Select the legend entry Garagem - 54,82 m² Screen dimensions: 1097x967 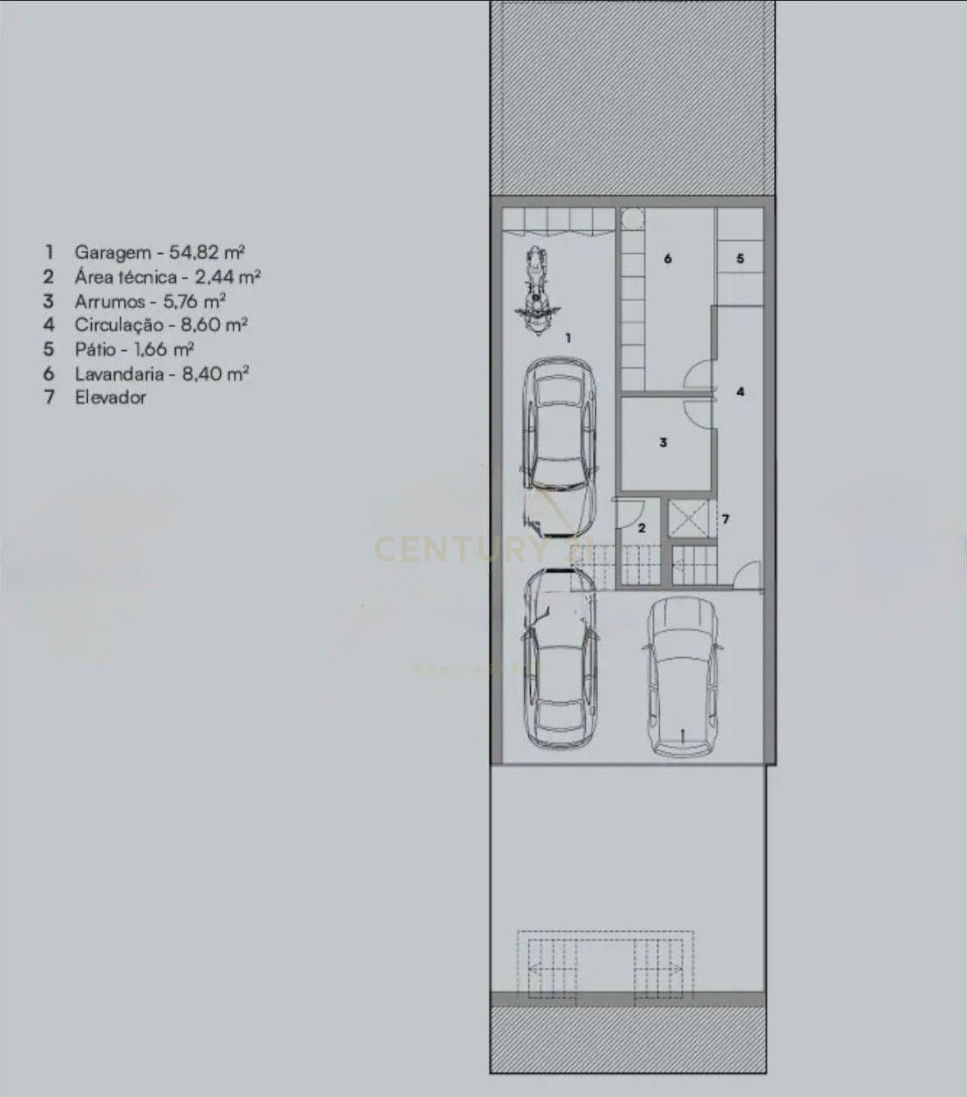159,252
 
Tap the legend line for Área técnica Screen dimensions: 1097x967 168,277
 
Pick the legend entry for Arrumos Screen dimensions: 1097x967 150,301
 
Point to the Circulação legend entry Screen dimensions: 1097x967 161,325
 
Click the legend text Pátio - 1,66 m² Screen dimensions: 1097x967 134,349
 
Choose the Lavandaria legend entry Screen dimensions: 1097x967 161,374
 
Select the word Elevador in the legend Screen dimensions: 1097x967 110,398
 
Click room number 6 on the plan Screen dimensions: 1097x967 667,259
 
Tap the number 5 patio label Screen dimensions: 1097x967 739,259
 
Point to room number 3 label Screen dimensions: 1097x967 663,443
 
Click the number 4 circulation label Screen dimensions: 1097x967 739,392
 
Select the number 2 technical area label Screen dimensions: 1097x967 642,528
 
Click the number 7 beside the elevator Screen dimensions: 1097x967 725,519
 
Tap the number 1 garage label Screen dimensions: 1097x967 568,338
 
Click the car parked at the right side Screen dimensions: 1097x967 681,676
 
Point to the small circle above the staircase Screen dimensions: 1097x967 632,219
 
